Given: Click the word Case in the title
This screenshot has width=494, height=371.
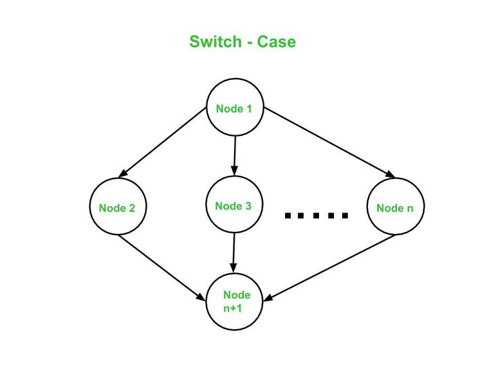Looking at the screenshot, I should [x=277, y=42].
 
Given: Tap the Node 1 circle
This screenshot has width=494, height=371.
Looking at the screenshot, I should [x=234, y=108].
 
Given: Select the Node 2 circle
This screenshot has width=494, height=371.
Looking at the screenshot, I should [x=118, y=207].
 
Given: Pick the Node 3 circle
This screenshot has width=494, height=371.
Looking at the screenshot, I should [x=233, y=206].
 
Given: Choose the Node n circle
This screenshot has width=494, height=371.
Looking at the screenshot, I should [x=395, y=207].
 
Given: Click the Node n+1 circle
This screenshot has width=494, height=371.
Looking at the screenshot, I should [x=234, y=301].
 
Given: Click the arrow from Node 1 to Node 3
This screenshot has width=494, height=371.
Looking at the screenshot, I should [x=234, y=155].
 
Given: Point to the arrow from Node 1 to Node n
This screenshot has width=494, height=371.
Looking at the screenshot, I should [x=328, y=142].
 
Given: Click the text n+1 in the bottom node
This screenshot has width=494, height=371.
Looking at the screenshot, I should [x=233, y=308].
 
